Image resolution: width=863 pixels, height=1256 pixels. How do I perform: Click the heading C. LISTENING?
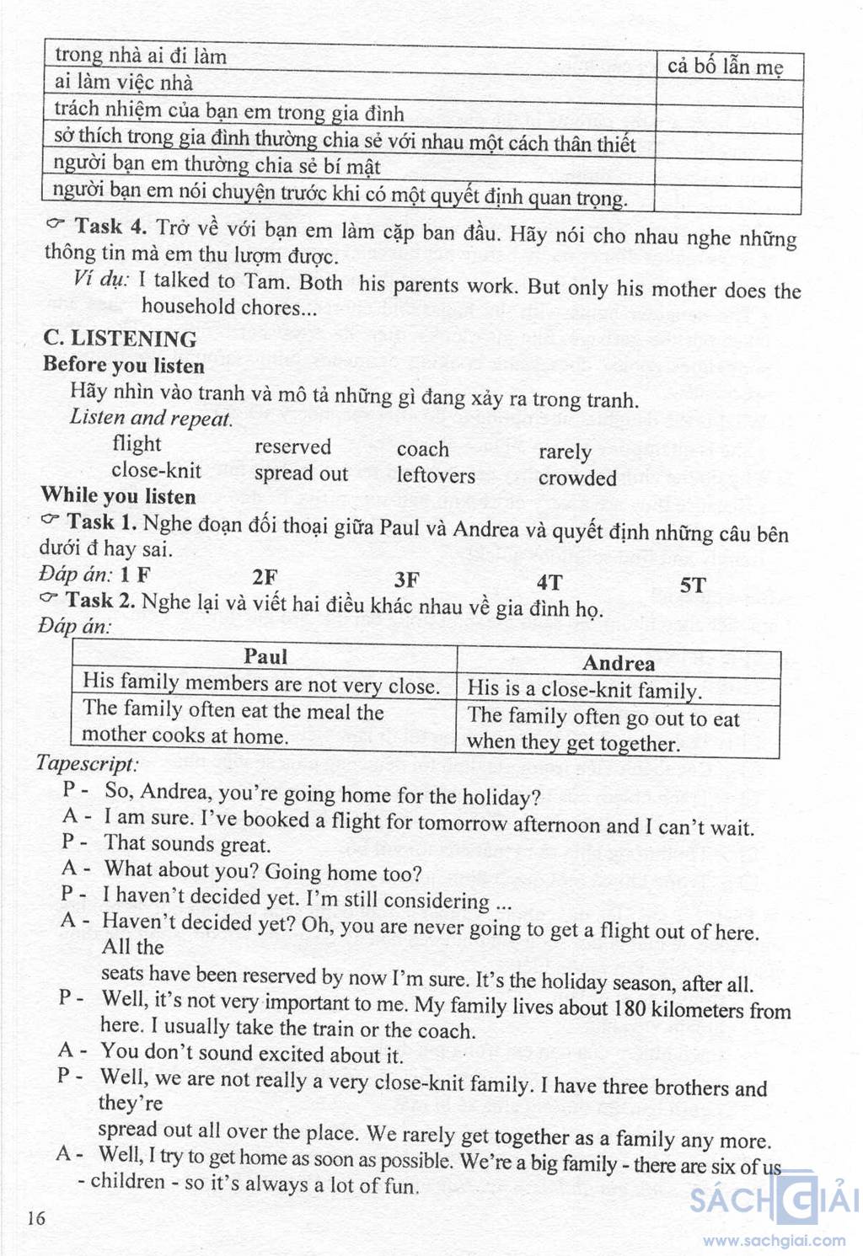pyautogui.click(x=120, y=339)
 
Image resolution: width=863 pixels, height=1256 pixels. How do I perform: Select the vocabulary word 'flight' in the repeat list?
pyautogui.click(x=136, y=444)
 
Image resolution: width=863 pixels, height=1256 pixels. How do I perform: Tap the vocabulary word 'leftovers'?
pyautogui.click(x=436, y=476)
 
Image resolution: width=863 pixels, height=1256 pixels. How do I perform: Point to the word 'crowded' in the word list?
pyautogui.click(x=577, y=478)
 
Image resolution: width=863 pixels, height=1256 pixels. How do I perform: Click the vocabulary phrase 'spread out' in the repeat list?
pyautogui.click(x=301, y=473)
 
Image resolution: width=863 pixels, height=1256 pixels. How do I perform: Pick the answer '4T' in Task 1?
pyautogui.click(x=549, y=581)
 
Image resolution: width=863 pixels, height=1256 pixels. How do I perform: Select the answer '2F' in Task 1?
pyautogui.click(x=265, y=577)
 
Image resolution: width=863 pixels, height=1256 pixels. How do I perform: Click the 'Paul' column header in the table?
pyautogui.click(x=265, y=657)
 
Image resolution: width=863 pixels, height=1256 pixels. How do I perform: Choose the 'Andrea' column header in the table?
pyautogui.click(x=618, y=664)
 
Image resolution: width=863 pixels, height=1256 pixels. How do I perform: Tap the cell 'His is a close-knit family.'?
pyautogui.click(x=584, y=690)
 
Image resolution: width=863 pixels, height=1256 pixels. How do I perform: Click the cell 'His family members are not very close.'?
pyautogui.click(x=261, y=684)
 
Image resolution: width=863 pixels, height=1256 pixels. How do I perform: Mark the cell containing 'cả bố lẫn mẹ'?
pyautogui.click(x=726, y=67)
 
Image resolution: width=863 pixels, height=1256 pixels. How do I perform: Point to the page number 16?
pyautogui.click(x=36, y=1218)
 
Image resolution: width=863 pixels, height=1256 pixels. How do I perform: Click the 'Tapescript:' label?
pyautogui.click(x=86, y=764)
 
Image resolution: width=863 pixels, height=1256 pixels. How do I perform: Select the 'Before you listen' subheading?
pyautogui.click(x=124, y=366)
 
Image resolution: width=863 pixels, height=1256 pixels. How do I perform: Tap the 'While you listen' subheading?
pyautogui.click(x=118, y=495)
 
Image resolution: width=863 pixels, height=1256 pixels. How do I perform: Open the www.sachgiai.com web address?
pyautogui.click(x=775, y=1240)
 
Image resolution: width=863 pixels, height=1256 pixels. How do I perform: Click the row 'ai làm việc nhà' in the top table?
pyautogui.click(x=124, y=83)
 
